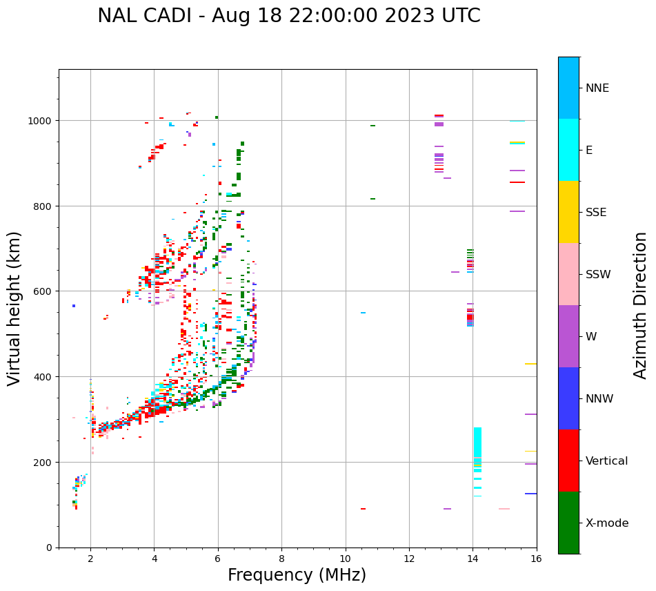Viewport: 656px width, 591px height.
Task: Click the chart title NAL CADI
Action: point(288,16)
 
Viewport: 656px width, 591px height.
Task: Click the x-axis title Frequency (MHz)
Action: point(297,575)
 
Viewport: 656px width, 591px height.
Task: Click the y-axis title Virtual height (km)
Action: point(15,308)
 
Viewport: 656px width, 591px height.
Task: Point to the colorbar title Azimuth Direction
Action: point(641,305)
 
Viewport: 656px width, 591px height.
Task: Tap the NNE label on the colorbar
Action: point(597,88)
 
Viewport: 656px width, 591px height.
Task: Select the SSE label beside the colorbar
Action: point(596,213)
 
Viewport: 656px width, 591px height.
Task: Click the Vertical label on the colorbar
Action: point(606,461)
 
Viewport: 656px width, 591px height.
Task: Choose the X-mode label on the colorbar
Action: point(607,523)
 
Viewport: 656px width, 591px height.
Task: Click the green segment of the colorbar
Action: point(568,523)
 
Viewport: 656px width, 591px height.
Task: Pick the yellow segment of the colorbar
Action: point(568,212)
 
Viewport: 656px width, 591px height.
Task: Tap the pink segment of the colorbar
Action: point(568,274)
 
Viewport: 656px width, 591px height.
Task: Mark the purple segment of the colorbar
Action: point(568,336)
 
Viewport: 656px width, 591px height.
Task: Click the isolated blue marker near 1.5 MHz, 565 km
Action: point(74,306)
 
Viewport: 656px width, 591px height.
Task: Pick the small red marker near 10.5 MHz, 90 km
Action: point(363,509)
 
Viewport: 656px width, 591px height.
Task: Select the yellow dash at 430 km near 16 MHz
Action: point(530,364)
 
